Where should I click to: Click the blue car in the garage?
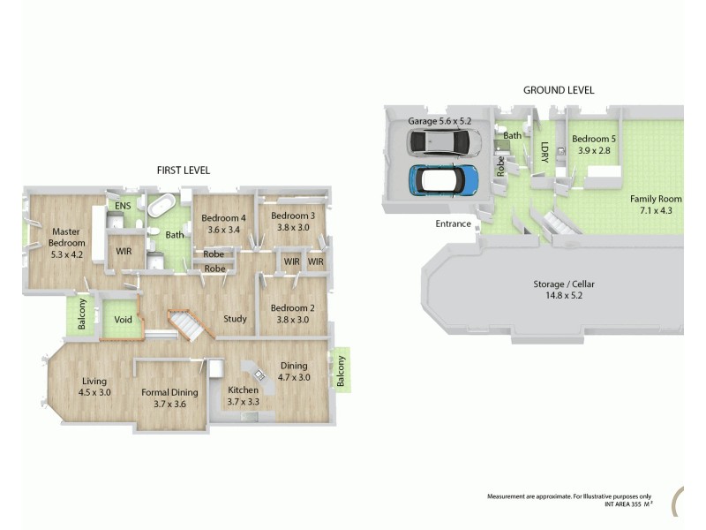tap(444, 180)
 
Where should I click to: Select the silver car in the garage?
tap(444, 142)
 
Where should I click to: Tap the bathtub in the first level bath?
tap(161, 207)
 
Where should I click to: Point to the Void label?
tap(123, 321)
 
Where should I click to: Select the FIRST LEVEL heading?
tap(183, 170)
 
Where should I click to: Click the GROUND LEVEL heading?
tap(559, 90)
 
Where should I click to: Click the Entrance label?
tap(453, 223)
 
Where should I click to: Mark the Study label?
tap(234, 319)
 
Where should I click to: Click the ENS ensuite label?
tap(123, 206)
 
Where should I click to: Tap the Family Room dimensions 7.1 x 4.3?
tap(655, 210)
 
